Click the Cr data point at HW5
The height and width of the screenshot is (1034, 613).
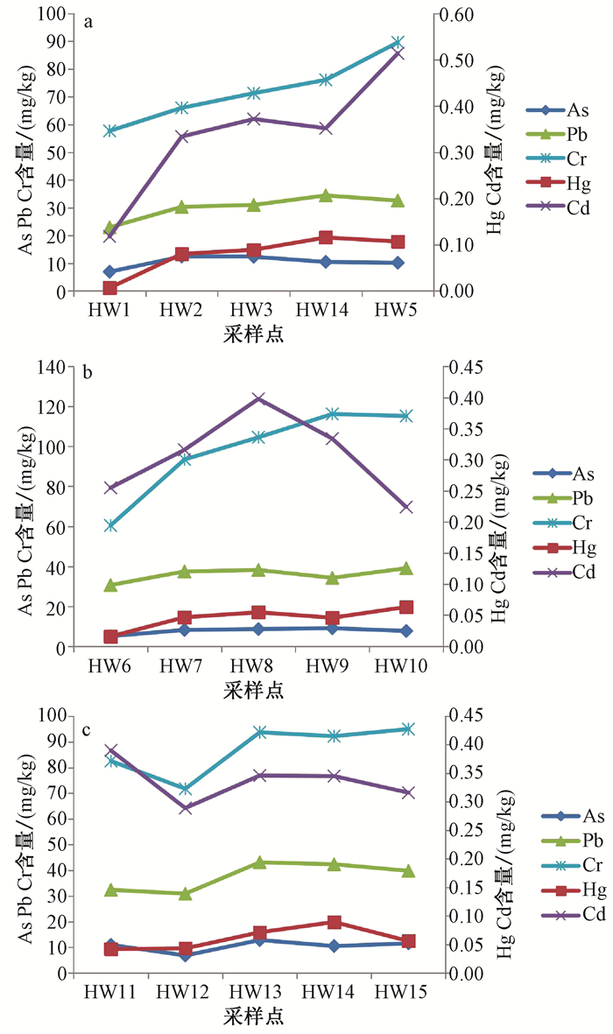click(x=398, y=42)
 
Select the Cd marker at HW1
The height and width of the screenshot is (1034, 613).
click(x=109, y=236)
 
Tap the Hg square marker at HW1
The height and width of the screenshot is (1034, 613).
click(x=109, y=288)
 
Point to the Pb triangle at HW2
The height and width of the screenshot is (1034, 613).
click(x=181, y=207)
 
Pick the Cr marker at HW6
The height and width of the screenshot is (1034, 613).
click(x=111, y=526)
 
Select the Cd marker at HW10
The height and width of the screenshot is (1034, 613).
click(x=405, y=507)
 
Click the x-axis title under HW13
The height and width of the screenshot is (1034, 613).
click(x=253, y=1018)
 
